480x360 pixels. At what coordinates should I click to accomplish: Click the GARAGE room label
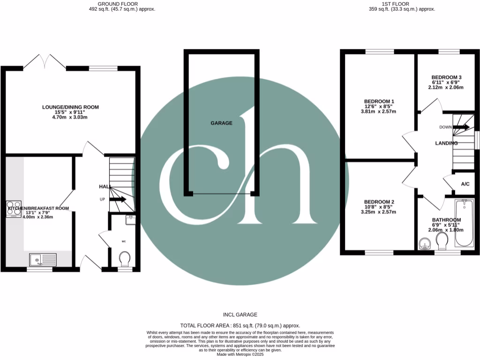221,123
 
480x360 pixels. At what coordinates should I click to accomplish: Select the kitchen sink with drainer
42,259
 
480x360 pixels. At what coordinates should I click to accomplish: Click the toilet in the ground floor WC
125,258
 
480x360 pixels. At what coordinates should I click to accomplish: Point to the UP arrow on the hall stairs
118,199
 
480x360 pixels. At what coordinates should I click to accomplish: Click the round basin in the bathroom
425,244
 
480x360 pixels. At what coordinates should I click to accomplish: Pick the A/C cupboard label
465,184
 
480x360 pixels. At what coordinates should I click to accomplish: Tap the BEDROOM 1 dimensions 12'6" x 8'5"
379,106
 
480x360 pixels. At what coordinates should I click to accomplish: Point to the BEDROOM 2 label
379,201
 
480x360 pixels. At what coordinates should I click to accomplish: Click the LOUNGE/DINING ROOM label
70,107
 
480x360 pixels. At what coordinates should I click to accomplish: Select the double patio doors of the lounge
45,61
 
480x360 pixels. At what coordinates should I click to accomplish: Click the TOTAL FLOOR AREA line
240,325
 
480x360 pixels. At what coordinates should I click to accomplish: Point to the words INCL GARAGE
240,315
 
